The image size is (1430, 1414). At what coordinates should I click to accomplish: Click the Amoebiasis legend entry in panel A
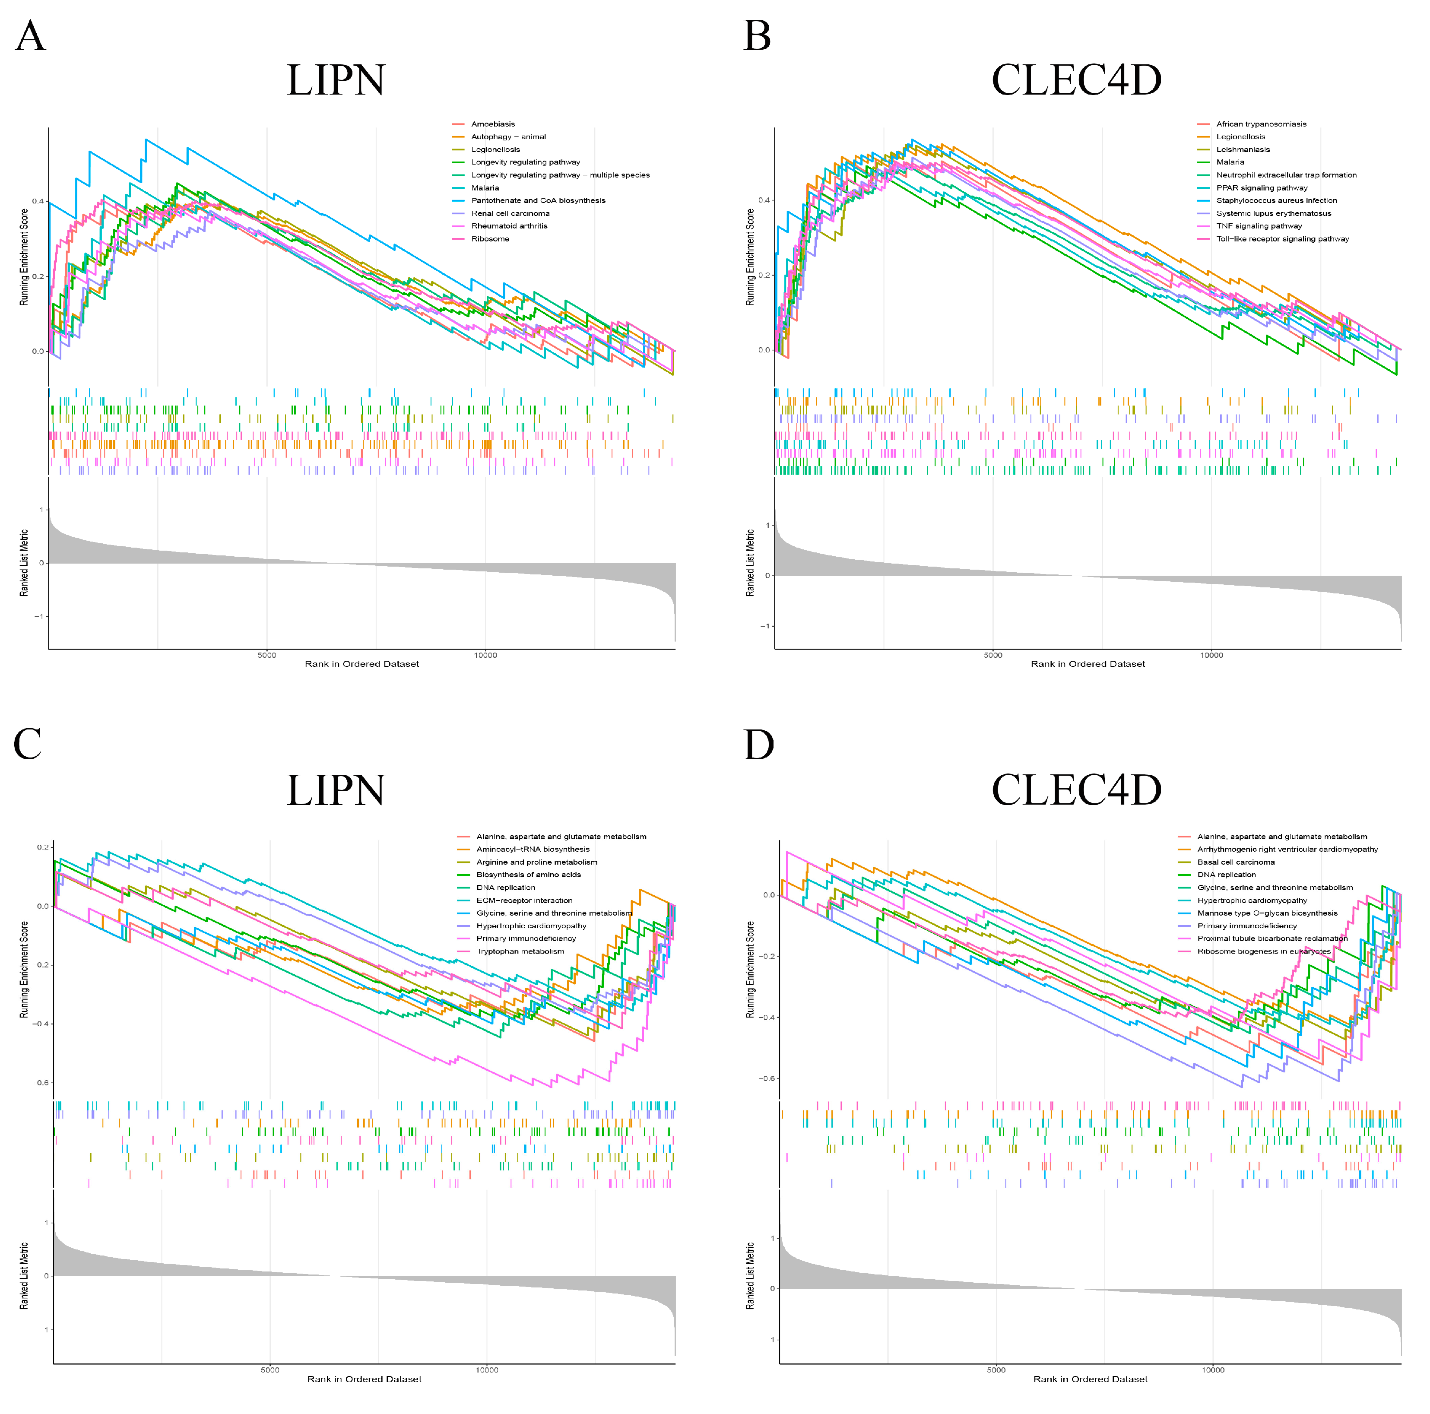pos(492,124)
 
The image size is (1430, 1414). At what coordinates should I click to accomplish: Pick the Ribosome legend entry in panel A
pos(490,238)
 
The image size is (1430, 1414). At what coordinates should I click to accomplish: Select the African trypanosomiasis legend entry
pos(1261,124)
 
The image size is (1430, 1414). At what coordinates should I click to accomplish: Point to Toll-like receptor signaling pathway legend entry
pos(1282,238)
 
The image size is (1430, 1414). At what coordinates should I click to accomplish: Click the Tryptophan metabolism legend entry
pos(520,951)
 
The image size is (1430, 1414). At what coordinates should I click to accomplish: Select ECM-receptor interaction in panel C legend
pos(524,900)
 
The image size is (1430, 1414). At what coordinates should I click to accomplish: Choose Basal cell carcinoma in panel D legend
pos(1235,862)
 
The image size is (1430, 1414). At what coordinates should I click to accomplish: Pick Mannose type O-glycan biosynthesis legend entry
pos(1267,913)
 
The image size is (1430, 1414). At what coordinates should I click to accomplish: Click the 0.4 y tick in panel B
pos(764,200)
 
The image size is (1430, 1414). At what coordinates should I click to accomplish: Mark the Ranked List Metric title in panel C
pos(24,1275)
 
